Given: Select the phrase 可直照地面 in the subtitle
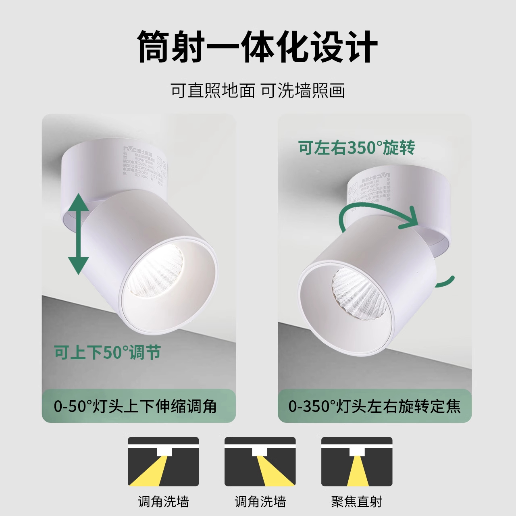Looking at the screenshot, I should tap(213, 91).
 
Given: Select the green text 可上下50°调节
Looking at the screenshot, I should tap(108, 353).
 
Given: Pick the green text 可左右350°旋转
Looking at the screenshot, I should tap(357, 148).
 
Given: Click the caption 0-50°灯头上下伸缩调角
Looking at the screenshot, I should tap(135, 406).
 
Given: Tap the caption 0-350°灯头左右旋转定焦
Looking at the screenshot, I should tap(374, 406).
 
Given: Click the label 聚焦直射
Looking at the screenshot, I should tap(357, 502).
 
